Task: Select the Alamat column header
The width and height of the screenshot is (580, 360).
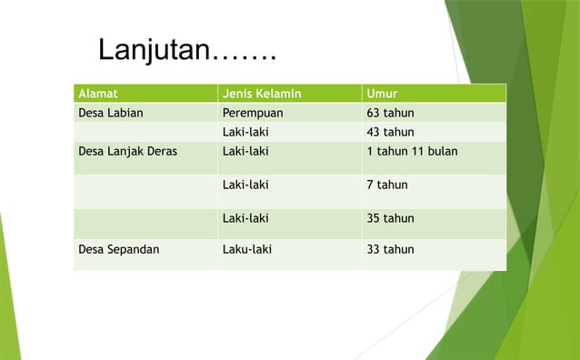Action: point(98,94)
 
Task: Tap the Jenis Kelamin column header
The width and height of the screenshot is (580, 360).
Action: point(262,94)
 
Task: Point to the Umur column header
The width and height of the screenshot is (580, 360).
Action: point(381,94)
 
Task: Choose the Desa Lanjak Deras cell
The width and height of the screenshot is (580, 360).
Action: point(128,152)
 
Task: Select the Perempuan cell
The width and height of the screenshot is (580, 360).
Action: point(253,114)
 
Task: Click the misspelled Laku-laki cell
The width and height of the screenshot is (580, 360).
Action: point(246,249)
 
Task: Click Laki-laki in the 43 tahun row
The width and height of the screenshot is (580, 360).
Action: point(245,132)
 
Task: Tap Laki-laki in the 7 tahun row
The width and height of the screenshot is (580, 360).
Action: point(245,185)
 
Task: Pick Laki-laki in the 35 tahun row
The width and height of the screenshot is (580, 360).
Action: point(245,218)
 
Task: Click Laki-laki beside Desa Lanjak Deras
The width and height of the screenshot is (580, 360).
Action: point(245,152)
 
